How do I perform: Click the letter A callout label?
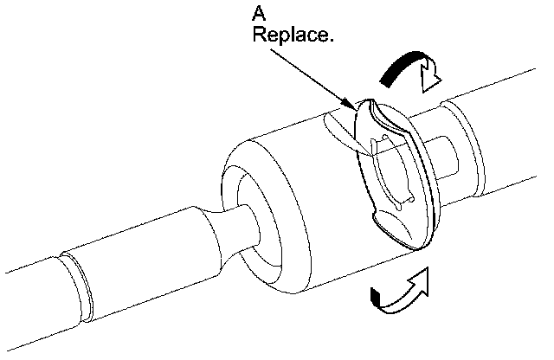[x=258, y=15]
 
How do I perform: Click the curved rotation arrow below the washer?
[x=398, y=292]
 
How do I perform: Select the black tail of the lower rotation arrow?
[x=376, y=299]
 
